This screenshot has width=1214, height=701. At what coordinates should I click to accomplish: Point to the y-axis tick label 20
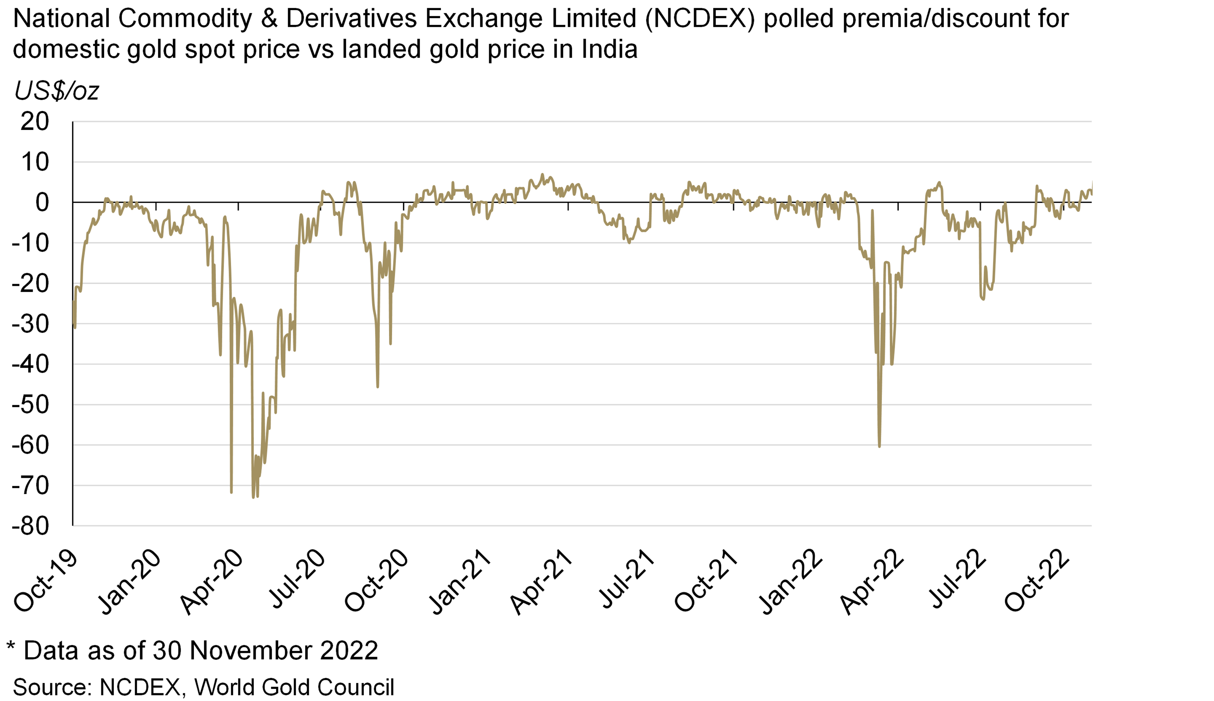click(x=35, y=122)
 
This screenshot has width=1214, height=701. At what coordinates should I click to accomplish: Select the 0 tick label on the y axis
click(x=42, y=203)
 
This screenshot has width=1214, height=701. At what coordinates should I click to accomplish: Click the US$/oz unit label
click(x=57, y=91)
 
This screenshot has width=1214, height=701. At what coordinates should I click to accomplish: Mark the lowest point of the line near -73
click(x=253, y=497)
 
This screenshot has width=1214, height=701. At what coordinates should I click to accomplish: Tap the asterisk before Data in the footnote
click(x=11, y=646)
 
